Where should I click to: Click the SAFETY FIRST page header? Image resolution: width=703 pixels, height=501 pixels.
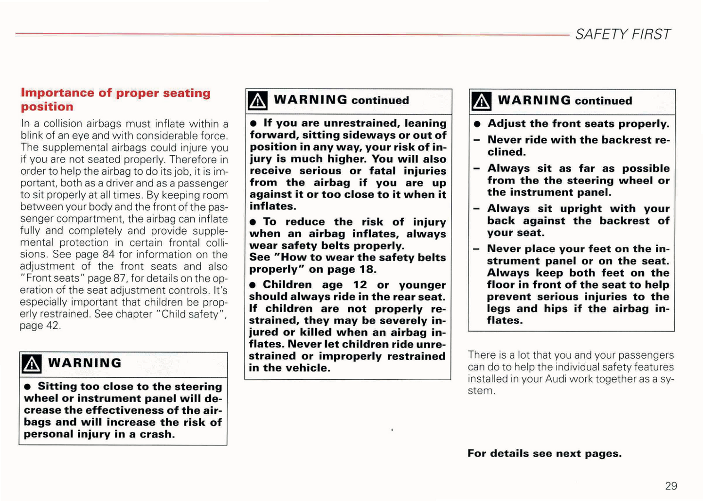(622, 35)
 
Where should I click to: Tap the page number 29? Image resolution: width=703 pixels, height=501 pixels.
(671, 485)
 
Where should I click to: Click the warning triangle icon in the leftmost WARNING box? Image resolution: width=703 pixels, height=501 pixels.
(32, 364)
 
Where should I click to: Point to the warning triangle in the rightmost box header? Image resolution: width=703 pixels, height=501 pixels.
(481, 101)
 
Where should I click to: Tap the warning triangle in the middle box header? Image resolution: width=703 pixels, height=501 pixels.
(257, 101)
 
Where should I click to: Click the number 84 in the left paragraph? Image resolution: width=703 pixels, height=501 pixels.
(108, 255)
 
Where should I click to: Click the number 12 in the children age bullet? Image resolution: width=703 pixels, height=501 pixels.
(360, 285)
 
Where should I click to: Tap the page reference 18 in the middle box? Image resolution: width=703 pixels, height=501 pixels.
(368, 269)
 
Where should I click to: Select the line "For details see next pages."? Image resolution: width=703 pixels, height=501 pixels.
(544, 453)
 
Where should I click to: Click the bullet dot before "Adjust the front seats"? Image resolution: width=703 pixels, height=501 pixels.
(477, 124)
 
